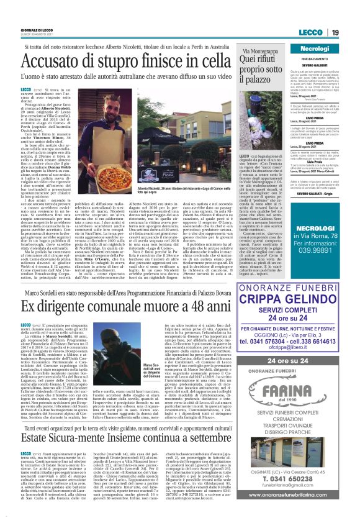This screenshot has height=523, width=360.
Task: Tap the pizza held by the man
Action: click(163, 152)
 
